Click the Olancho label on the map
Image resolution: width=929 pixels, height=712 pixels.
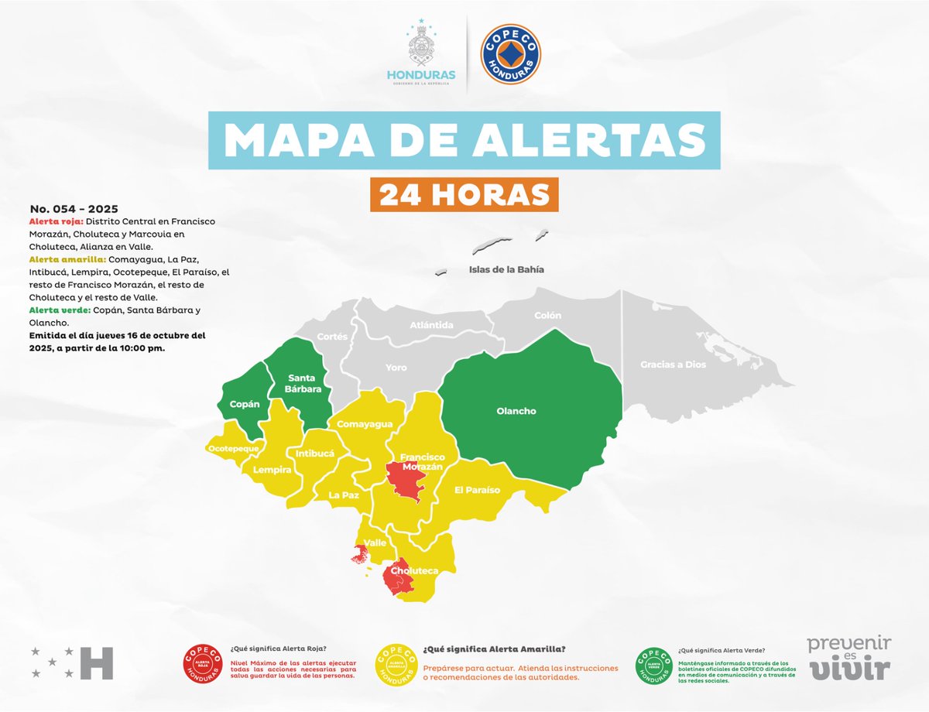coord(516,411)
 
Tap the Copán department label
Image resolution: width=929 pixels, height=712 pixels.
coord(244,404)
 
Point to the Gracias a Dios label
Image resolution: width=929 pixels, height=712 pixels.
coord(673,364)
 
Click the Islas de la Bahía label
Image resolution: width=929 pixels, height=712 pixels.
coord(506,270)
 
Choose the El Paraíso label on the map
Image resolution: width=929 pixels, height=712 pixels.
coord(477,490)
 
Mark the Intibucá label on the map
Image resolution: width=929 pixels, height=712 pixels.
coord(315,454)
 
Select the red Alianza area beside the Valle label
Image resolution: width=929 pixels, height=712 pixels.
coord(359,555)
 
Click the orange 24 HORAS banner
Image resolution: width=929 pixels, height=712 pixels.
coord(464,194)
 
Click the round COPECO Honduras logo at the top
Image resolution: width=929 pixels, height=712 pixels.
coord(510,53)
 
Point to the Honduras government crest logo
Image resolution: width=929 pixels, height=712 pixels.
coord(420,54)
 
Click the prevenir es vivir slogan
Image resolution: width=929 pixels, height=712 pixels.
coord(849,658)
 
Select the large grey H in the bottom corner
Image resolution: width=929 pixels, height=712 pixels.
coord(97,662)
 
